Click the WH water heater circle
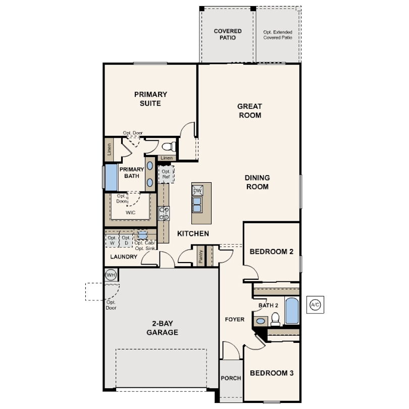pyautogui.click(x=111, y=275)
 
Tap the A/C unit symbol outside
pyautogui.click(x=315, y=304)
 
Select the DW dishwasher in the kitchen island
pyautogui.click(x=197, y=190)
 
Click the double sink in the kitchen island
pyautogui.click(x=197, y=205)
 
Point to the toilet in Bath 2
pyautogui.click(x=275, y=319)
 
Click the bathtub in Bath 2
pyautogui.click(x=292, y=311)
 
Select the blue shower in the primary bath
pyautogui.click(x=111, y=177)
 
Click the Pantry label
pyautogui.click(x=200, y=256)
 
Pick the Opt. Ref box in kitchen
pyautogui.click(x=166, y=174)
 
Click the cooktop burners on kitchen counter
pyautogui.click(x=164, y=214)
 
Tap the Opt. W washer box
pyautogui.click(x=112, y=240)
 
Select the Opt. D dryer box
pyautogui.click(x=126, y=240)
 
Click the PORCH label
pyautogui.click(x=231, y=378)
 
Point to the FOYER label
pyautogui.click(x=235, y=319)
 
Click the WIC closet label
pyautogui.click(x=130, y=213)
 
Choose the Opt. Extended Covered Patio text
pyautogui.click(x=278, y=35)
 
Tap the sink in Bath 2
pyautogui.click(x=261, y=321)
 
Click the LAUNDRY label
pyautogui.click(x=124, y=257)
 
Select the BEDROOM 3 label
pyautogui.click(x=272, y=373)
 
